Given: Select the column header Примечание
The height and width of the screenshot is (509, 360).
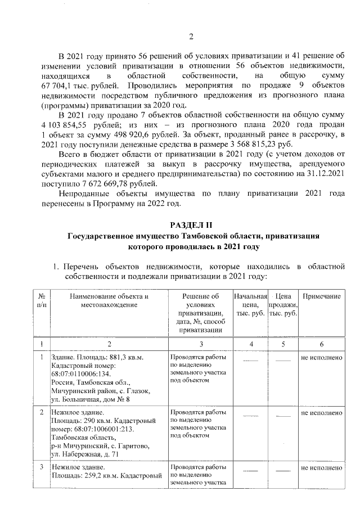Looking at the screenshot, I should pyautogui.click(x=321, y=296).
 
